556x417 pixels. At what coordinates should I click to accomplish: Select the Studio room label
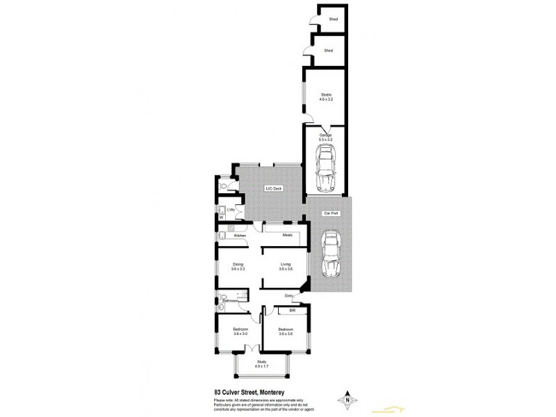326,97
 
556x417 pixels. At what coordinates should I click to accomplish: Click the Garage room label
326,137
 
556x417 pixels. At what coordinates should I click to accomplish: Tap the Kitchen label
240,236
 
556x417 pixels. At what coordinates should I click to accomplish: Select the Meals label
287,235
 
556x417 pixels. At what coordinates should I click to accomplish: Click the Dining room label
238,266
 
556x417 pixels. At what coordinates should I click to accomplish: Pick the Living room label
286,266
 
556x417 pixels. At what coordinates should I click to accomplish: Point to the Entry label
289,296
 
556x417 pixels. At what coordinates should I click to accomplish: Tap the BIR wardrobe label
283,310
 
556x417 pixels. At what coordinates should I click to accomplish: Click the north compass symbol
346,400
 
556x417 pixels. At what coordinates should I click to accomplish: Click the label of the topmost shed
333,19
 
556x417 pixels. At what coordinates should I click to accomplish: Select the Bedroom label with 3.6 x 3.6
286,332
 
